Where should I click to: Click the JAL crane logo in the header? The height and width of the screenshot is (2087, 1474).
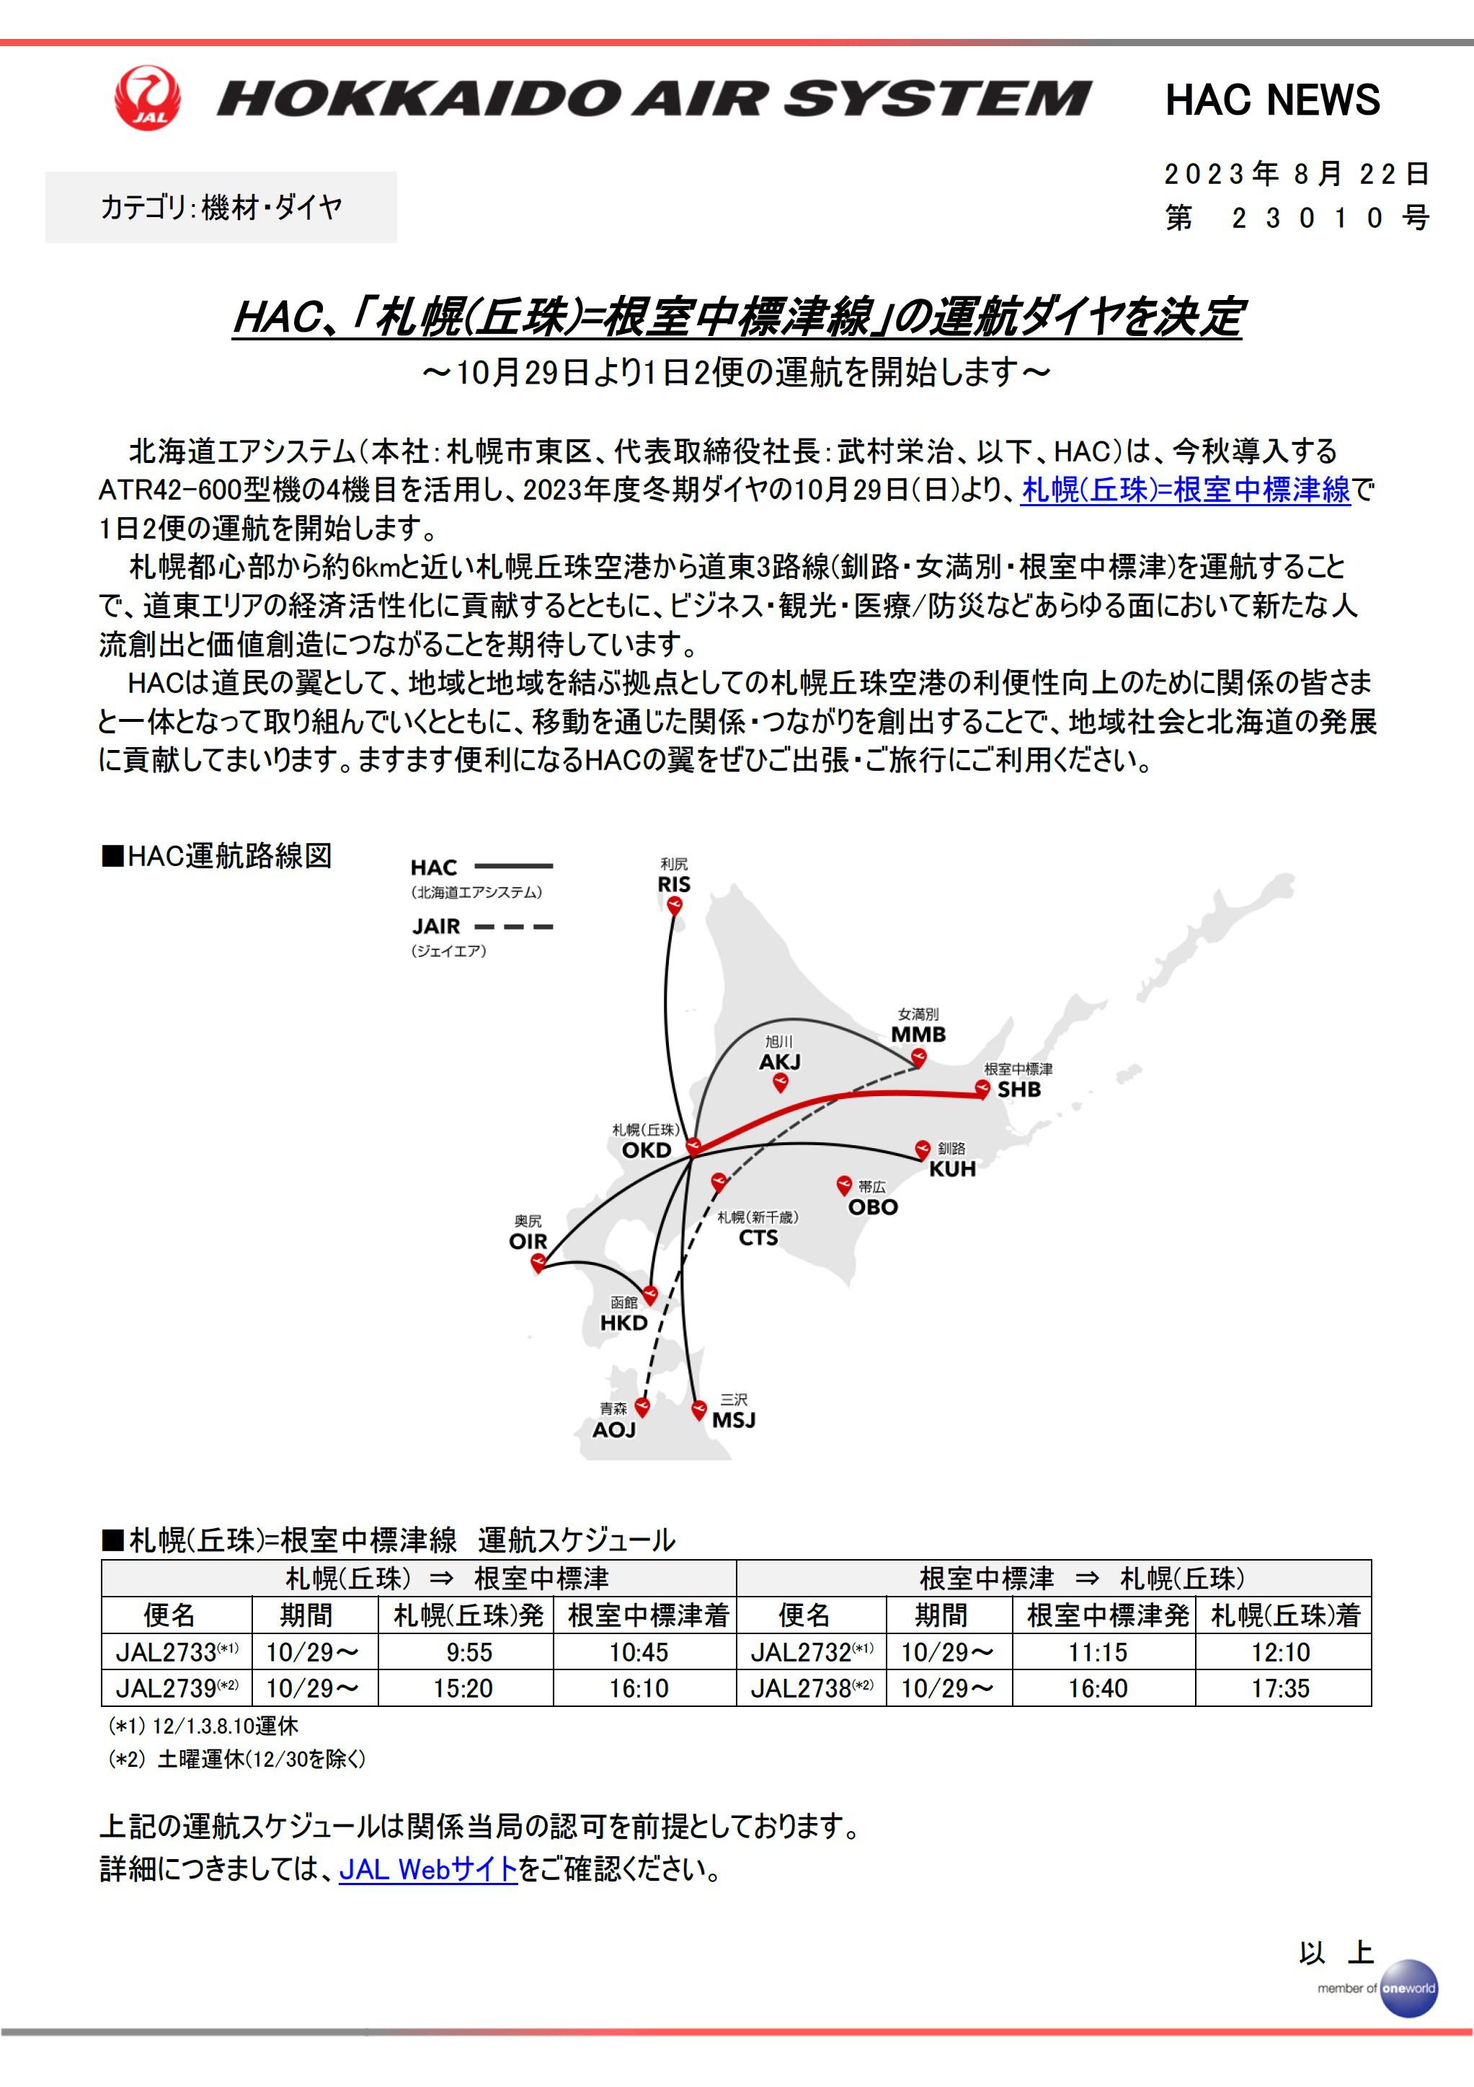147,97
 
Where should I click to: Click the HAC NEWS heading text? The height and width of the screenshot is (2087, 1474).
1271,100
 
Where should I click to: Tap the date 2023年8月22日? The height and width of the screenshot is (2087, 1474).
1297,174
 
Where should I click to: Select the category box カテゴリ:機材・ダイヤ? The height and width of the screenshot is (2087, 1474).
221,207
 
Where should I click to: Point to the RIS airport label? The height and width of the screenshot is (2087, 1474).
673,883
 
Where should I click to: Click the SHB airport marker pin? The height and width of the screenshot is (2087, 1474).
982,1088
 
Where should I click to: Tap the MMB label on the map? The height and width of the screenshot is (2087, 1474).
918,1034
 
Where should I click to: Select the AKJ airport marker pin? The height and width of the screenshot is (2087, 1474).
780,1082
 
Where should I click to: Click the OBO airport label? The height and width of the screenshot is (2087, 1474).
872,1207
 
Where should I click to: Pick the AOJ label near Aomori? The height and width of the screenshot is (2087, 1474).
613,1430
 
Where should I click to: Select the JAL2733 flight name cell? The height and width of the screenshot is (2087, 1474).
177,1651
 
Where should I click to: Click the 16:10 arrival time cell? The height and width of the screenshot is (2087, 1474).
638,1688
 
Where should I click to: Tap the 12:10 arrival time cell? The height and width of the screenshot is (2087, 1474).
1282,1651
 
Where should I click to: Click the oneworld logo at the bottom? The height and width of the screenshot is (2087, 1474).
1408,1988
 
